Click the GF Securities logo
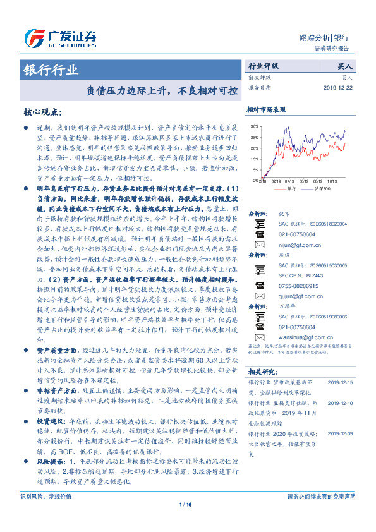[59, 39]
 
